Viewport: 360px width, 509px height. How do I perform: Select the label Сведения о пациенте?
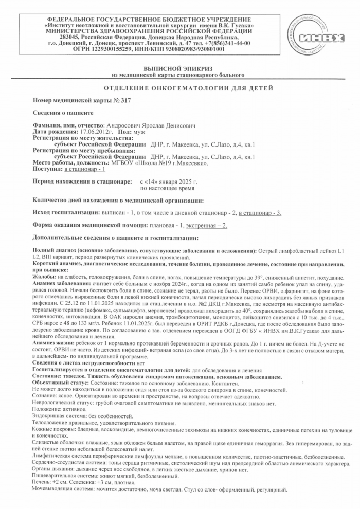tap(63, 113)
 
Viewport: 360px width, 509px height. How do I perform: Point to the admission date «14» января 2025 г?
tap(169, 182)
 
